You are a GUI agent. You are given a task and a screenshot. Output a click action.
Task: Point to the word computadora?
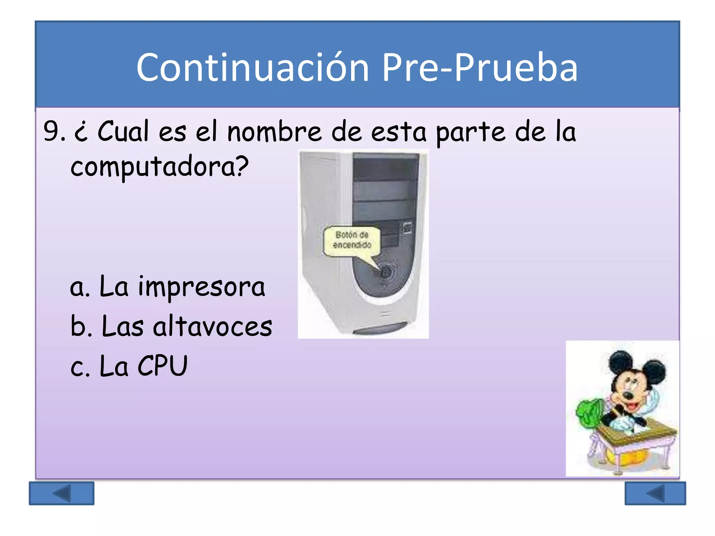tap(159, 167)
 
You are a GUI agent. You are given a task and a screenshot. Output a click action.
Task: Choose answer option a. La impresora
tap(167, 287)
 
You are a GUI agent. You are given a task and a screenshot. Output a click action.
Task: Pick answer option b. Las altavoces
tap(171, 327)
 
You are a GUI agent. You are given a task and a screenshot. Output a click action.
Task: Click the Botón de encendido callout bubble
tap(352, 240)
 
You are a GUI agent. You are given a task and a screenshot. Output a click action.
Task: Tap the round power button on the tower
tap(385, 271)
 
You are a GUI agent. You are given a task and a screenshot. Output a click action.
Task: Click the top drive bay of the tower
tap(385, 168)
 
